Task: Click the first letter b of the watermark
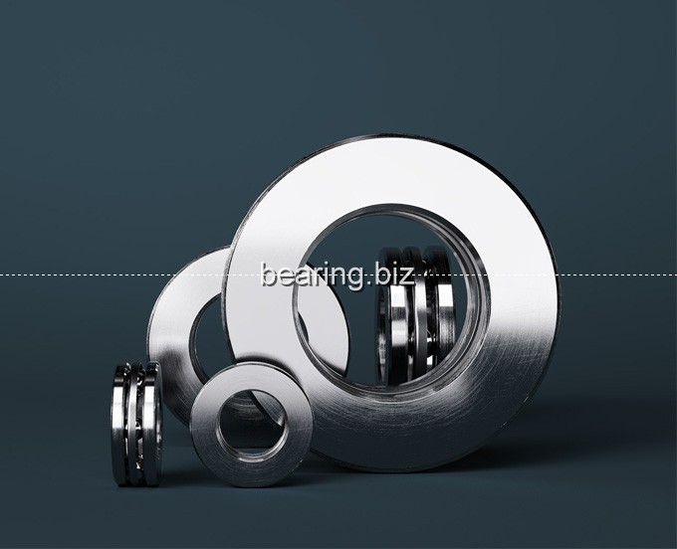pos(269,274)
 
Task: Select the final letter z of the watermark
pos(407,276)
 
